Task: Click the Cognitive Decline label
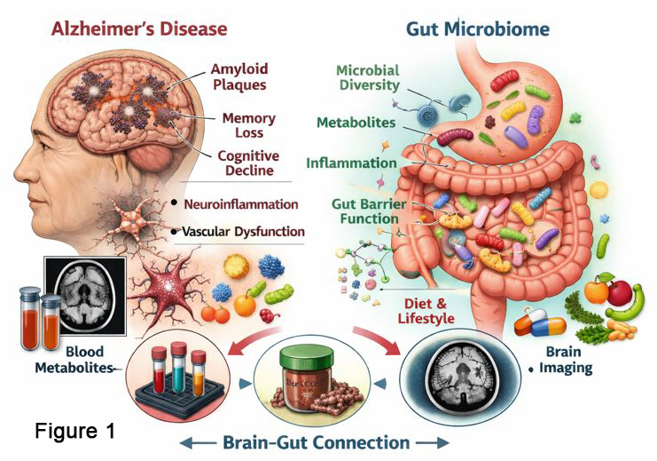coord(246,163)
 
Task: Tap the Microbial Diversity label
coord(368,77)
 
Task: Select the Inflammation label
coord(351,163)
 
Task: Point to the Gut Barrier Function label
coord(369,213)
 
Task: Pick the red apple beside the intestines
coord(619,290)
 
